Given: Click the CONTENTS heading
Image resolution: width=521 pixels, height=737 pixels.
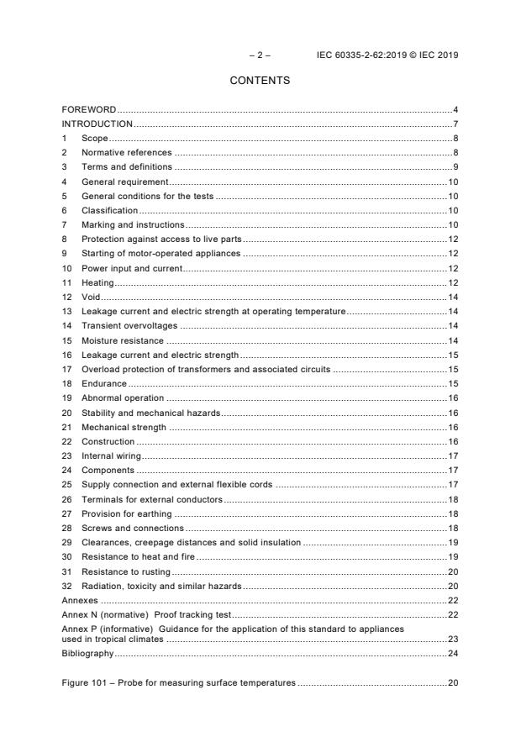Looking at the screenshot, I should pos(260,81).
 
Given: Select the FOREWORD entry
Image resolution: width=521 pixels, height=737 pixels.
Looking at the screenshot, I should pos(88,110).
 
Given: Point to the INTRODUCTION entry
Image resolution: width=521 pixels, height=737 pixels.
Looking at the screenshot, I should pos(97,124).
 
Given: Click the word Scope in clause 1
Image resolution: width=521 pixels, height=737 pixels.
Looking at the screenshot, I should pos(95,138).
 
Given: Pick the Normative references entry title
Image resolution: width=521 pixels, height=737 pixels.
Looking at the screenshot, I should pos(126,152).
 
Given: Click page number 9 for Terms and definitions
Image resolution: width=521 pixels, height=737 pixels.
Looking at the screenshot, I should pos(455,167).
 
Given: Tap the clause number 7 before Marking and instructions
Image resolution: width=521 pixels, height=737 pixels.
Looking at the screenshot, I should pos(65,225).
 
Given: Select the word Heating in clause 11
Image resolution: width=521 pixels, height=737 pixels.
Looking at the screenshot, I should pos(97,282).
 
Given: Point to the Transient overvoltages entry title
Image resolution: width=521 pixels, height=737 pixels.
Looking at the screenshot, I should pos(129,326).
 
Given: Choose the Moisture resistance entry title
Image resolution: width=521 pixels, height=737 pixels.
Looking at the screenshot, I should pos(122,340).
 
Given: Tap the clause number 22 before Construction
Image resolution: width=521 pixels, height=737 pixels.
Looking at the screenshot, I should pos(66,441).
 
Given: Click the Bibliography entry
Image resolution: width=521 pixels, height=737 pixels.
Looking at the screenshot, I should pos(87,652).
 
